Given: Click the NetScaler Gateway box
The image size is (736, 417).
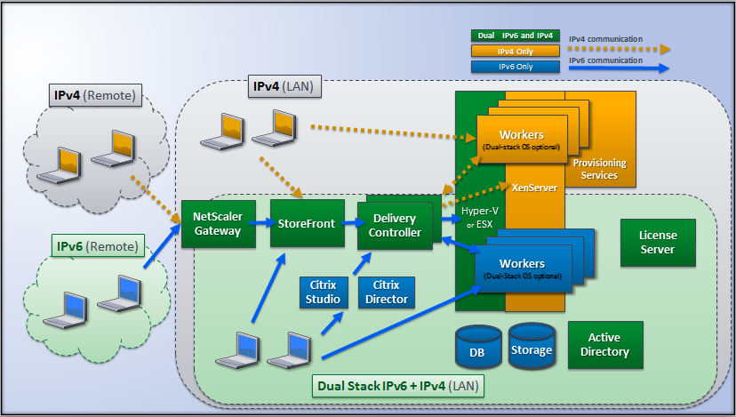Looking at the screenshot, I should point(216,224).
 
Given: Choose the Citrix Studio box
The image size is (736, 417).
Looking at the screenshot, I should point(323,292).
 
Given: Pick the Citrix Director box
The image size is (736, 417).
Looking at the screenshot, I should point(386,292).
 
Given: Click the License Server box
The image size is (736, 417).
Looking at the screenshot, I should point(658,243).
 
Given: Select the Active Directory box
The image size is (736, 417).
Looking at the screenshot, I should point(604,345).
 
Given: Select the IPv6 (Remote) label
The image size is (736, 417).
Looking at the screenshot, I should point(97,245).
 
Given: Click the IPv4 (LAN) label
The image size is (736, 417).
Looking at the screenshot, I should point(284,87).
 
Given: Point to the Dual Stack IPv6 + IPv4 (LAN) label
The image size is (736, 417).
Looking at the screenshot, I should point(396,387).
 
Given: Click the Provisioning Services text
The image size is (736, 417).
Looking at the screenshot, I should point(599,169).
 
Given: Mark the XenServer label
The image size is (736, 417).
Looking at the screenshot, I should point(534,188).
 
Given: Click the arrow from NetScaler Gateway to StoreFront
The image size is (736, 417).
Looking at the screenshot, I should point(260,224).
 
